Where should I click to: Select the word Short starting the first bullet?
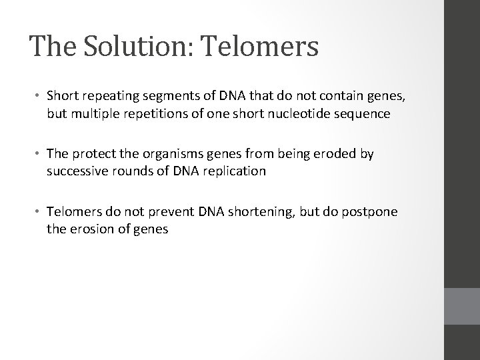tap(62, 97)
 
